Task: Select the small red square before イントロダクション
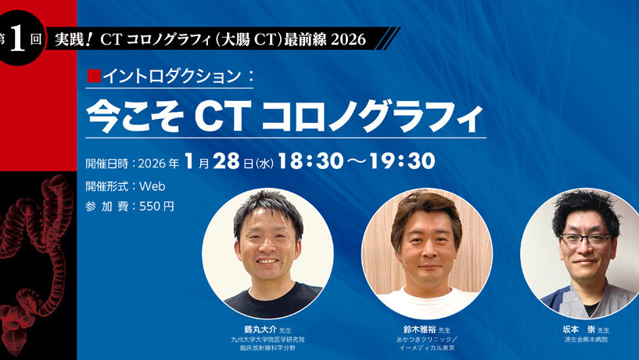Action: click(x=94, y=77)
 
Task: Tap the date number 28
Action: click(x=228, y=161)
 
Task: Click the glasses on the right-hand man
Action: click(x=584, y=239)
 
